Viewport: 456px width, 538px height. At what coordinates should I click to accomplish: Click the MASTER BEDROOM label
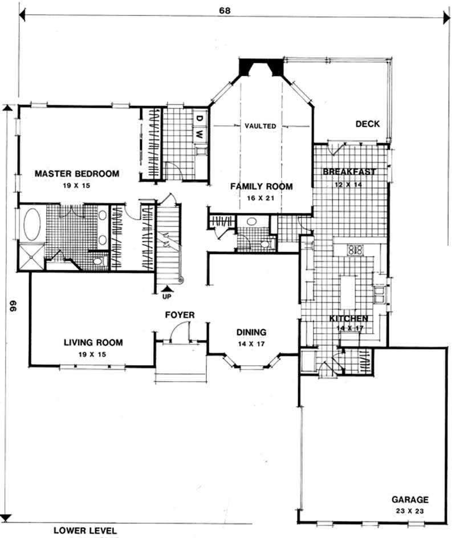76,173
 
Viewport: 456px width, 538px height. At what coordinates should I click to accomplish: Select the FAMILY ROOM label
261,186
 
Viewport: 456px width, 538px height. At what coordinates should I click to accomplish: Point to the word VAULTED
260,126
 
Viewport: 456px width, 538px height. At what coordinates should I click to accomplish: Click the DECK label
367,124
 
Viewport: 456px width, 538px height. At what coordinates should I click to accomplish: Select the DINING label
251,332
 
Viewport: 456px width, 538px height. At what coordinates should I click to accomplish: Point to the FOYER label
180,315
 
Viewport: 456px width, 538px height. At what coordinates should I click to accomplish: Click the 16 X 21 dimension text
261,197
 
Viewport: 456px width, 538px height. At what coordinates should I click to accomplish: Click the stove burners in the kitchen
356,249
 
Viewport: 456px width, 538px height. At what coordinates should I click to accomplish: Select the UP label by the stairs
166,296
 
